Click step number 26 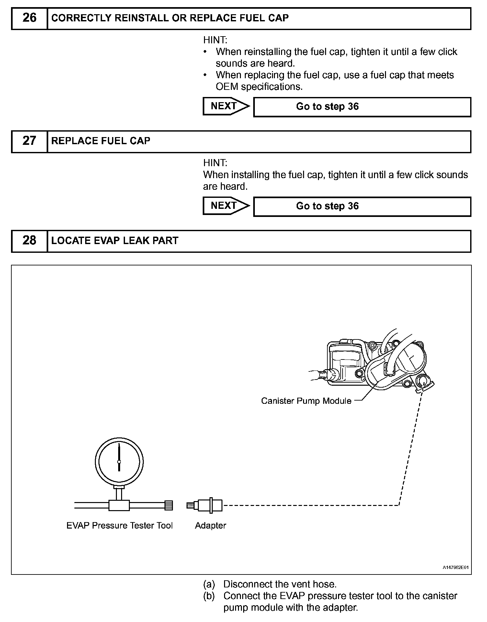(x=29, y=18)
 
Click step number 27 (x=29, y=141)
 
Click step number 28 (x=29, y=241)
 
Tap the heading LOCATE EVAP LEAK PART (x=115, y=241)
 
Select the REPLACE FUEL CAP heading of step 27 (x=101, y=141)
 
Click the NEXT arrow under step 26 (x=226, y=106)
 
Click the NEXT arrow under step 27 (x=226, y=206)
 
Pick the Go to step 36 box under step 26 (x=362, y=107)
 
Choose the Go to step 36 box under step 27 (x=362, y=207)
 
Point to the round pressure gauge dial (x=119, y=461)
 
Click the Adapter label (x=210, y=526)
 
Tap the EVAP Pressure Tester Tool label (x=119, y=526)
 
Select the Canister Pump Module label (x=306, y=401)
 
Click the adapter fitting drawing (x=205, y=505)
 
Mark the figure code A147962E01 (x=456, y=567)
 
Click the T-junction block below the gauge (x=119, y=505)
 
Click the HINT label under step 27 (x=215, y=163)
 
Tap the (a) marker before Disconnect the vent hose (x=209, y=584)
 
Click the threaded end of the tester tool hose (x=169, y=505)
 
